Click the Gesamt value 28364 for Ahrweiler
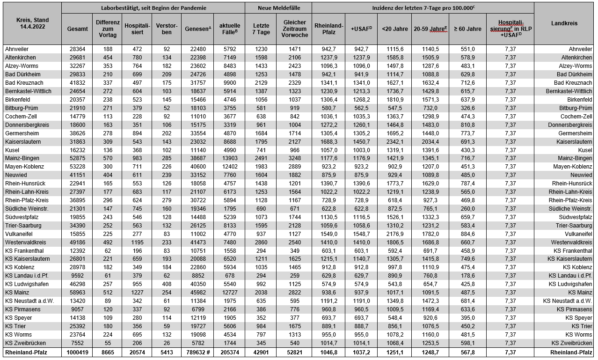point(77,49)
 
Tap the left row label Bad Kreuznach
point(22,83)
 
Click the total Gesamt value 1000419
point(77,353)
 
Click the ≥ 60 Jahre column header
point(467,29)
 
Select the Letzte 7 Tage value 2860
point(261,242)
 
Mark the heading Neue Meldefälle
point(278,8)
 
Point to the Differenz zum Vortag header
point(108,29)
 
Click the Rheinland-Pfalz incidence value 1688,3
point(328,142)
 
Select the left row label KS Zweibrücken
point(24,343)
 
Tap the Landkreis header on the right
point(564,23)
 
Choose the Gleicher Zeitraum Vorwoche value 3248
point(294,159)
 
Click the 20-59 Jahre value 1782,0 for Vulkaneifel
point(430,234)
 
